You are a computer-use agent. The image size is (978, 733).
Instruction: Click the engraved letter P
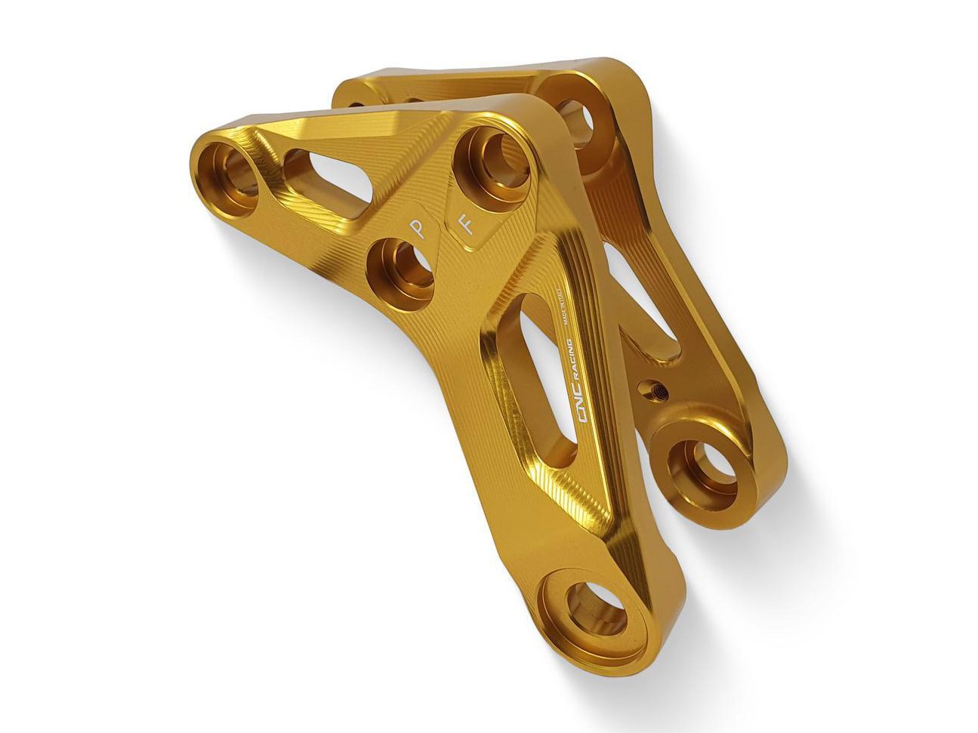coord(416,229)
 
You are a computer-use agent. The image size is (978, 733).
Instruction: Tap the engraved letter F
coord(468,224)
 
